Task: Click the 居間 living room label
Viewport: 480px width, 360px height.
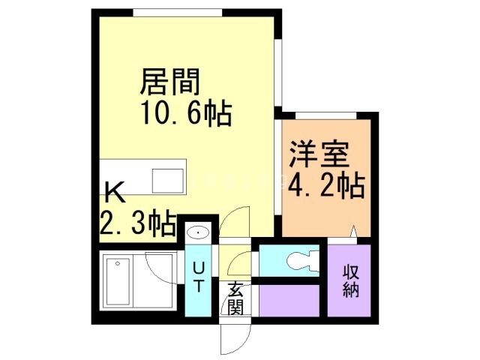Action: pyautogui.click(x=172, y=81)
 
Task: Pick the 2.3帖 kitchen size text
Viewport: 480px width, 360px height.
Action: pyautogui.click(x=138, y=223)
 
